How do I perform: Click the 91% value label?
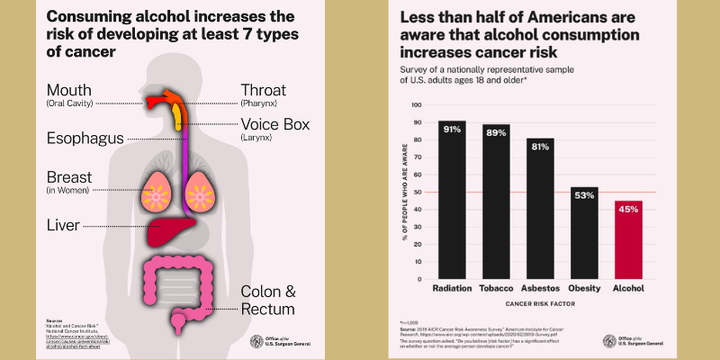click(x=453, y=130)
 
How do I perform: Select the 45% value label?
click(x=627, y=210)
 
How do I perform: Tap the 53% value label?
click(x=583, y=195)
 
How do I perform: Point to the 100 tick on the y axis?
click(x=417, y=104)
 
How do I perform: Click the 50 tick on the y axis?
click(x=418, y=192)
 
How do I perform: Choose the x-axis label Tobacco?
click(x=496, y=290)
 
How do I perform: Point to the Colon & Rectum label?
click(x=267, y=300)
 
